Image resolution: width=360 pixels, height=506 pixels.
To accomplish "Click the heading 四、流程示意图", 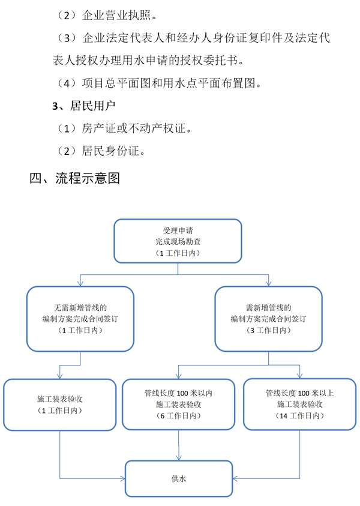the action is click(x=74, y=178).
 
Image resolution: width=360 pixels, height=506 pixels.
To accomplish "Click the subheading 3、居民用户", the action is click(x=84, y=106).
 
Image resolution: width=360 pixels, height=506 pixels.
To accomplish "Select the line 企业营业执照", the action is click(x=106, y=15).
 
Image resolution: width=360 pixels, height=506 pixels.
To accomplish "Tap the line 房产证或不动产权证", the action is click(x=124, y=128).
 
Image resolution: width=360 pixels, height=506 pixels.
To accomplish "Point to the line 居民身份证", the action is click(x=100, y=151).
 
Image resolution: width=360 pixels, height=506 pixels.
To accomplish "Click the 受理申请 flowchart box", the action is click(x=178, y=241).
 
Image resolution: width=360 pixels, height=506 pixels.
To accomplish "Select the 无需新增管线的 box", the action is click(x=80, y=319).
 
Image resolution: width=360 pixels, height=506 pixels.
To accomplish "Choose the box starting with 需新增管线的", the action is click(x=268, y=319).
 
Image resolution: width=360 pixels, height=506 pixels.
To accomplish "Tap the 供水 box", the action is click(x=179, y=478).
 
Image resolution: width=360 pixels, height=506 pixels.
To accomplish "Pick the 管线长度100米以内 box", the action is click(x=178, y=405).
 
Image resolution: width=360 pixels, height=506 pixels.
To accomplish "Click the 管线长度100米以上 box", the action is click(x=299, y=405).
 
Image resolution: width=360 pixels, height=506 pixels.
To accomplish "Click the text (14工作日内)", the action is click(x=299, y=415).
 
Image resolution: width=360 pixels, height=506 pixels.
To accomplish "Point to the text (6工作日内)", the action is click(x=178, y=415).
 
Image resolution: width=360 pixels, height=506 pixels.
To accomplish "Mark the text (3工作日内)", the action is click(x=268, y=330).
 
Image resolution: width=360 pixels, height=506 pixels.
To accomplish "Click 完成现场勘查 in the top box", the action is click(x=178, y=241).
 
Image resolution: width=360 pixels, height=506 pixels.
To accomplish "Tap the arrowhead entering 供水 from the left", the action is click(x=122, y=478).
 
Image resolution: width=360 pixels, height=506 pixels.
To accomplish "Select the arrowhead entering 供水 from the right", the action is click(x=235, y=478).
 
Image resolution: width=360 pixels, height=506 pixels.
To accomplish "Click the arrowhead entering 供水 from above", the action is click(x=179, y=457).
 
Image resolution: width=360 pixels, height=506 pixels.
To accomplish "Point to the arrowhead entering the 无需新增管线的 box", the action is click(x=80, y=283).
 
